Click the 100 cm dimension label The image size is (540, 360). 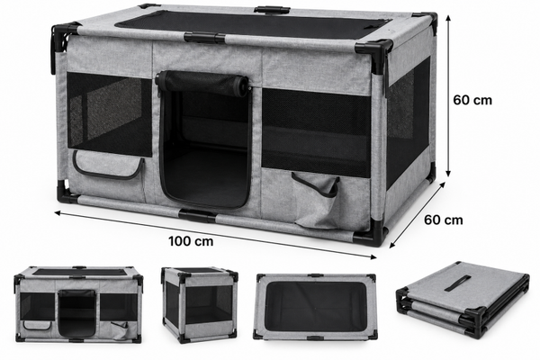point(191,241)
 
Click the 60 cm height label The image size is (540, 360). point(472,100)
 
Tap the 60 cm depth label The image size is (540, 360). point(443,220)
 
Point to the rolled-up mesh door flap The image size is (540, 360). point(202,82)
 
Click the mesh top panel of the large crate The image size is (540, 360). point(251,24)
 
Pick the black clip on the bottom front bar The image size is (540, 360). point(197,216)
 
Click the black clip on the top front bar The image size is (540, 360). point(204,37)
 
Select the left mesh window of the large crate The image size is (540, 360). point(109,113)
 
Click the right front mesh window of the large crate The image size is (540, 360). point(316,132)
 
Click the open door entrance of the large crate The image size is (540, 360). point(204,148)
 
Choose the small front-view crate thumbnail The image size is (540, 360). point(78,304)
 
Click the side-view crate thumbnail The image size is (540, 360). point(200,305)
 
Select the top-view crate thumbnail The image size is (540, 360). point(316,307)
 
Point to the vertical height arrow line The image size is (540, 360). point(448,95)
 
